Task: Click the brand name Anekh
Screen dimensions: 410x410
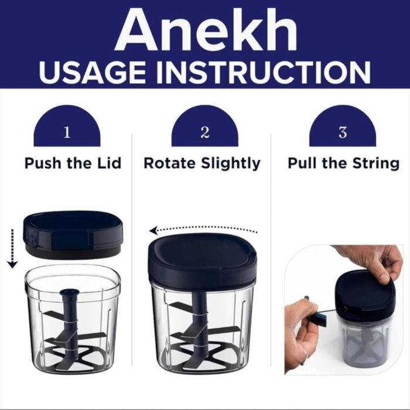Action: click(x=207, y=29)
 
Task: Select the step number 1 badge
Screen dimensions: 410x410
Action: click(x=67, y=126)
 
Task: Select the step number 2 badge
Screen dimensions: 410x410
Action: click(x=205, y=126)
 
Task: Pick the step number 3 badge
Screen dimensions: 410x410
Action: click(x=343, y=126)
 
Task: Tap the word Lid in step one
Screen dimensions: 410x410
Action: click(x=111, y=163)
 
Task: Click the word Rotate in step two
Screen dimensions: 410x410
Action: click(x=170, y=163)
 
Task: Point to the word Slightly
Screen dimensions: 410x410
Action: click(x=231, y=164)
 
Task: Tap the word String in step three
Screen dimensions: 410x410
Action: click(x=376, y=164)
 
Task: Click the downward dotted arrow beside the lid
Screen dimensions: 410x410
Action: click(x=12, y=248)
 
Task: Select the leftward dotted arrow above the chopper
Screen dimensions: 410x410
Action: click(x=203, y=230)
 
